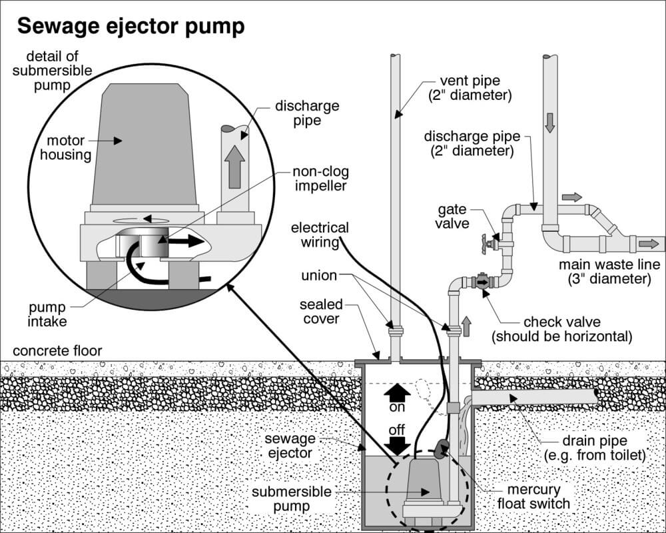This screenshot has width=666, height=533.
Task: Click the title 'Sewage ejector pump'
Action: (x=131, y=27)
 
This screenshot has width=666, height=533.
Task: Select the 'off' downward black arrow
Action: (x=397, y=442)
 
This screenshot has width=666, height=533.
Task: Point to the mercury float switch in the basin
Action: (x=441, y=450)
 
